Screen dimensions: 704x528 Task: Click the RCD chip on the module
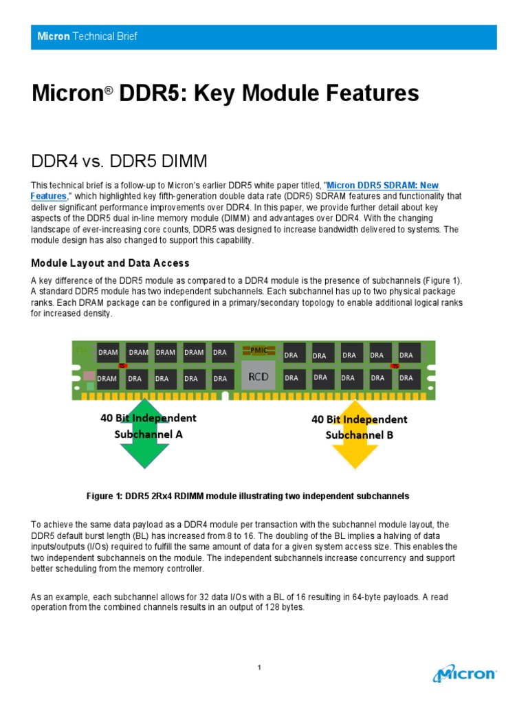[258, 377]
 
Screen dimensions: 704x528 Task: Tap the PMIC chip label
[259, 351]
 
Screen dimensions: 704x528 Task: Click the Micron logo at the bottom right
[465, 673]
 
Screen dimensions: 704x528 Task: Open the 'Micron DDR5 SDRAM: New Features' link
[383, 186]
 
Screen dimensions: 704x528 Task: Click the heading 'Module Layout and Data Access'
[111, 263]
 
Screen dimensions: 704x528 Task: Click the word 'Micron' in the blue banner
[54, 36]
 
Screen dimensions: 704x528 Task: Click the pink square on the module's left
[89, 376]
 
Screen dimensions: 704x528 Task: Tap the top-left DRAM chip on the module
[108, 353]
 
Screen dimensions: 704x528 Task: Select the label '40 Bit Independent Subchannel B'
[359, 426]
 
